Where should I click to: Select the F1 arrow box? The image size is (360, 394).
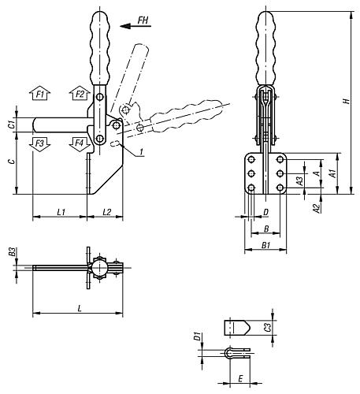pos(42,95)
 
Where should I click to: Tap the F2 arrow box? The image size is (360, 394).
pos(79,95)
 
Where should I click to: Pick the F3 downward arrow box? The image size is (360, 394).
pos(42,143)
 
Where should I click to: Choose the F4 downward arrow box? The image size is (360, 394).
pos(79,143)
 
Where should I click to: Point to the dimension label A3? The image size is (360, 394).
pos(299,181)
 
